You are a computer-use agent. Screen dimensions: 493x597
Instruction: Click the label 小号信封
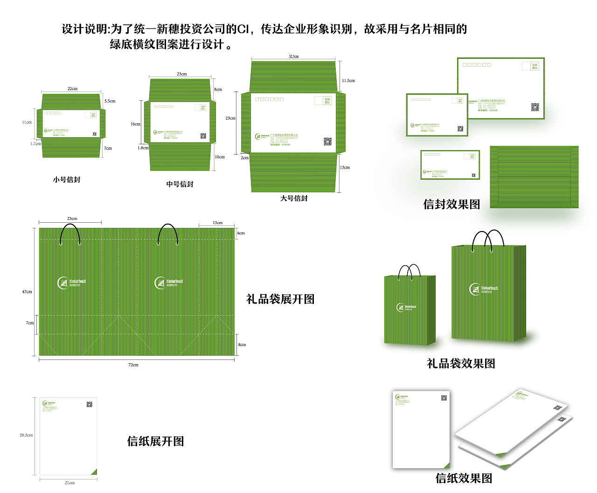pyautogui.click(x=67, y=180)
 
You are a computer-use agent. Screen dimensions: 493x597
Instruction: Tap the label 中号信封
pyautogui.click(x=180, y=184)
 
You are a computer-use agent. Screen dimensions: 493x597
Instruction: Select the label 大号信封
pyautogui.click(x=294, y=198)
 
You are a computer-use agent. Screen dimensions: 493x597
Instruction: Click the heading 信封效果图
pyautogui.click(x=451, y=204)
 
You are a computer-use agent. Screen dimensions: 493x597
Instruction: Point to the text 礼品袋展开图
pyautogui.click(x=280, y=299)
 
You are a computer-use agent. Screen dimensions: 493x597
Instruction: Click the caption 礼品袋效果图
pyautogui.click(x=461, y=364)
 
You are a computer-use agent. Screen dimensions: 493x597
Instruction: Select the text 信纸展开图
pyautogui.click(x=155, y=442)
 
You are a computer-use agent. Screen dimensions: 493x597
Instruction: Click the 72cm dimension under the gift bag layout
pyautogui.click(x=133, y=365)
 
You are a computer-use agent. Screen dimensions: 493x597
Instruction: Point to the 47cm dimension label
pyautogui.click(x=27, y=292)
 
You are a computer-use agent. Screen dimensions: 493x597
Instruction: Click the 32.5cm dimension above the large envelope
pyautogui.click(x=293, y=56)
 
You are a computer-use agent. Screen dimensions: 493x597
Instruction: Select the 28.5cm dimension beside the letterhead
pyautogui.click(x=26, y=435)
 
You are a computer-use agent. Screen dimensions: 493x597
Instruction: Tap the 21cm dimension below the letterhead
pyautogui.click(x=69, y=483)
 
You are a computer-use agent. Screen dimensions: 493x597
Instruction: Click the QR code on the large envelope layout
pyautogui.click(x=327, y=141)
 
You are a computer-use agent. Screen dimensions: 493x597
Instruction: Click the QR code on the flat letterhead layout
pyautogui.click(x=89, y=404)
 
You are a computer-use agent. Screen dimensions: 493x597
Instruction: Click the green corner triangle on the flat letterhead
pyautogui.click(x=94, y=472)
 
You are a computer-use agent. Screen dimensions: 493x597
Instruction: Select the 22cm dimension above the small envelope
pyautogui.click(x=72, y=89)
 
